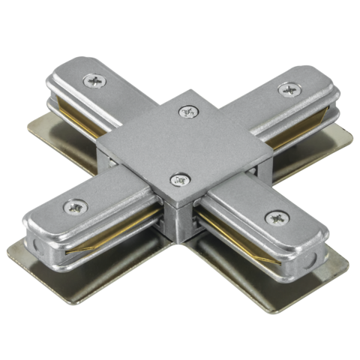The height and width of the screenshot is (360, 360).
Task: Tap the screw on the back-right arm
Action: coord(288,89)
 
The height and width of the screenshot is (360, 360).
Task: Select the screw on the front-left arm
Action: coord(76,205)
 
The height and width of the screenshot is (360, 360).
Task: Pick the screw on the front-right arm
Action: coord(274,218)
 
